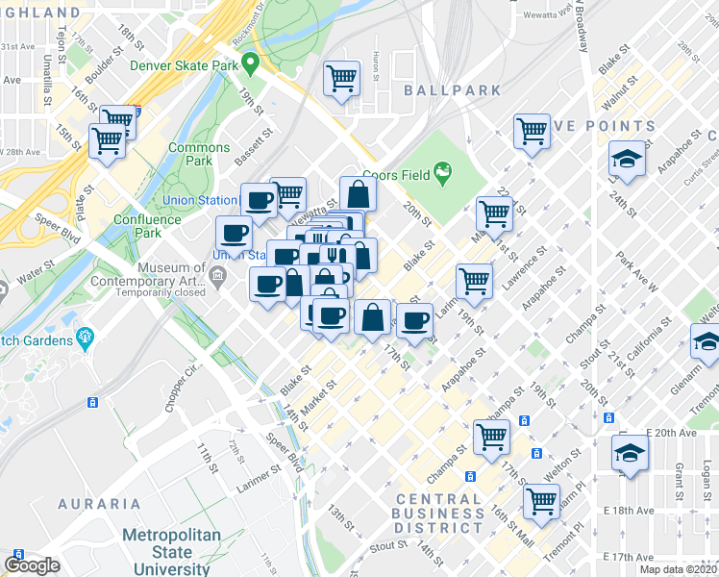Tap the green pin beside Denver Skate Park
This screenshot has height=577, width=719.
[251, 65]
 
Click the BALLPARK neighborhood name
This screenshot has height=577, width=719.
[453, 90]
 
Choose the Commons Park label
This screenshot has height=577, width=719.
[199, 154]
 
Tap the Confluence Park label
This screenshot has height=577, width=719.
[144, 226]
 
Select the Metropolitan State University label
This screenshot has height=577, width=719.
[171, 552]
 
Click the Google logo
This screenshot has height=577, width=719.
[32, 565]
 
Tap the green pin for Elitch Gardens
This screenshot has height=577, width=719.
[86, 337]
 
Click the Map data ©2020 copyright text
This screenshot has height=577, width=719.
[678, 569]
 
